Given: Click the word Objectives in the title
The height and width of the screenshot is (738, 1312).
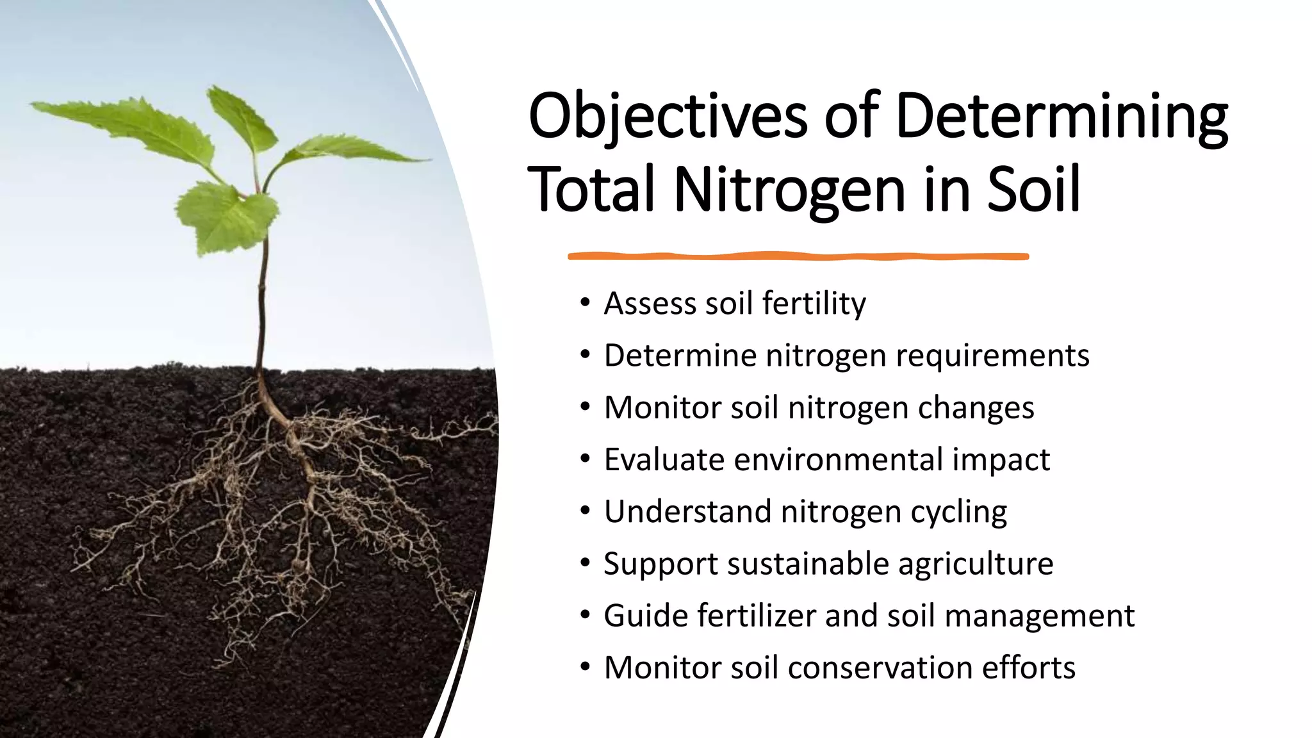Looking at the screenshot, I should [x=668, y=118].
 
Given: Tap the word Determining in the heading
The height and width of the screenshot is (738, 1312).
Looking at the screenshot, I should [x=1062, y=118].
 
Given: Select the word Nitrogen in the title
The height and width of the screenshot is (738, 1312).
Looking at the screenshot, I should [x=789, y=190].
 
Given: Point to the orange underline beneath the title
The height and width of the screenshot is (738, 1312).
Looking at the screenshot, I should [x=798, y=256].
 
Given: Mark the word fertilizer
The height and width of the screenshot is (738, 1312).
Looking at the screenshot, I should [x=757, y=616].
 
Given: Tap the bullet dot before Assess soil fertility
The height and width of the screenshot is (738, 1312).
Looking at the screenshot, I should [x=584, y=302].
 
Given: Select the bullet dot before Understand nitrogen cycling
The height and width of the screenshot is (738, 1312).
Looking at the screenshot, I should [x=584, y=511].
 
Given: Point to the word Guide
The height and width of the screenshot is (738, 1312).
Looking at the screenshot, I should [x=645, y=616].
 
